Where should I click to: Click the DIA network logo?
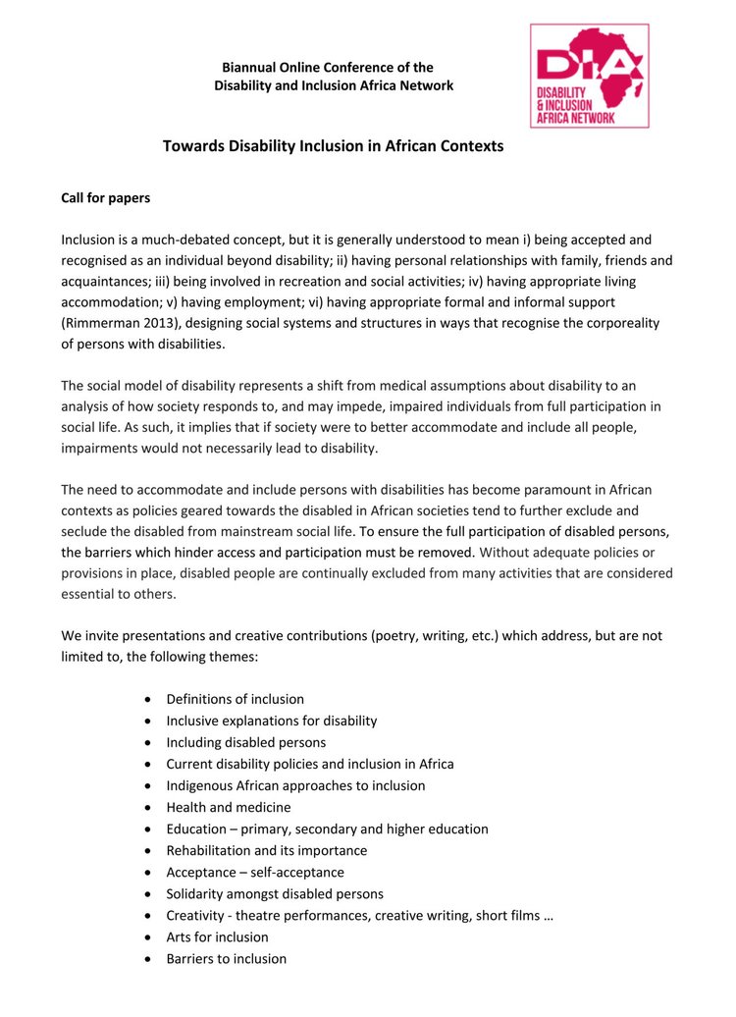[589, 76]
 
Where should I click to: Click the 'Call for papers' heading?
[106, 197]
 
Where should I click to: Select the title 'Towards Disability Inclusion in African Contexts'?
[333, 146]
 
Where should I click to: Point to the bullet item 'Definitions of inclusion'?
[235, 699]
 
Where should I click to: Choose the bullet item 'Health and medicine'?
[228, 807]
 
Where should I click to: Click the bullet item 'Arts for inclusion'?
[217, 937]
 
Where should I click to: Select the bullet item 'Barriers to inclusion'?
[226, 958]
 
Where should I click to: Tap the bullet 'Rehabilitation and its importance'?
[266, 850]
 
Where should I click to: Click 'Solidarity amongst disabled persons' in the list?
[274, 893]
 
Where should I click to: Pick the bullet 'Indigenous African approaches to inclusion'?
[295, 785]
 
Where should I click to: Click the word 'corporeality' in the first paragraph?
[621, 323]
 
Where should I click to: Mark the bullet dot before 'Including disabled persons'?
[147, 743]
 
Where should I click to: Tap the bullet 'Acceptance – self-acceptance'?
[254, 872]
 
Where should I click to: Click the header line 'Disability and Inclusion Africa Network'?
[334, 85]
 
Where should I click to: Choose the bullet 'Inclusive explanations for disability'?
[271, 721]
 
